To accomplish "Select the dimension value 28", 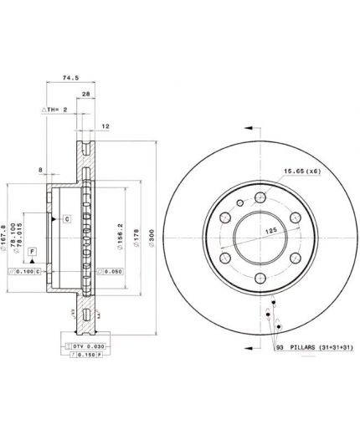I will [x=86, y=95].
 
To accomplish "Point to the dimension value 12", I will [x=105, y=126].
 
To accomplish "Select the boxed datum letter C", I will [x=66, y=218].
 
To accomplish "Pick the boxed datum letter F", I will [x=32, y=251].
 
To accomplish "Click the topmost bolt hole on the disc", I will [x=260, y=197].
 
